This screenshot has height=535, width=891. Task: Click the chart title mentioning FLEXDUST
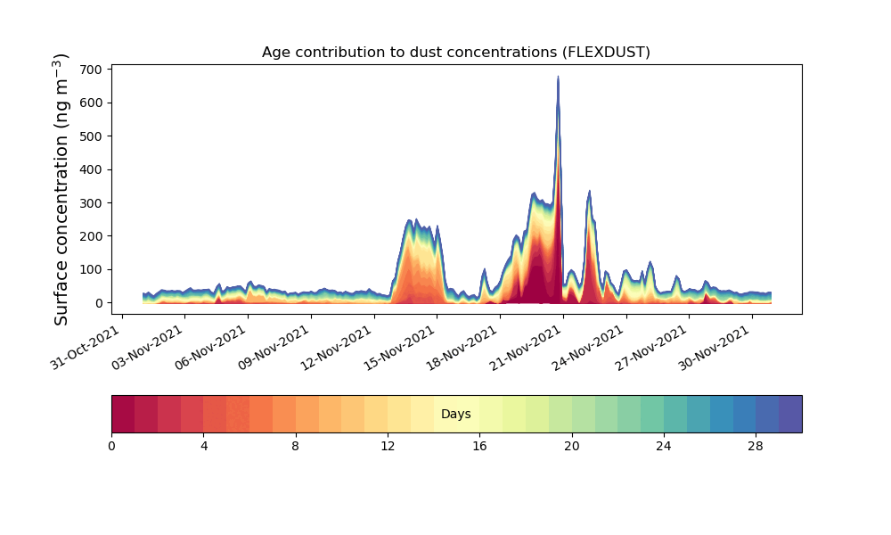pyautogui.click(x=455, y=53)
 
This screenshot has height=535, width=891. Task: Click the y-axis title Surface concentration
pyautogui.click(x=61, y=189)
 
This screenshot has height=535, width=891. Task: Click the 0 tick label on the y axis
pyautogui.click(x=100, y=303)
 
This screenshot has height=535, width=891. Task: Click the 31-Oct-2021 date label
pyautogui.click(x=86, y=348)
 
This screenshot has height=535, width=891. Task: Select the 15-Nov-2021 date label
pyautogui.click(x=399, y=348)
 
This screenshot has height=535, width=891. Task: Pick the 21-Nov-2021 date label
pyautogui.click(x=526, y=348)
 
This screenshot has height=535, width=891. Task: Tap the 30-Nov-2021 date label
pyautogui.click(x=715, y=348)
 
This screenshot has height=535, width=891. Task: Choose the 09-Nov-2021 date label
pyautogui.click(x=274, y=348)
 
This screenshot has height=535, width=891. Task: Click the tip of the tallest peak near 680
pyautogui.click(x=558, y=76)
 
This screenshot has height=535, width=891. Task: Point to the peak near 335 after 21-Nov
pyautogui.click(x=589, y=191)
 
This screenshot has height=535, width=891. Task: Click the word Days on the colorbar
pyautogui.click(x=455, y=414)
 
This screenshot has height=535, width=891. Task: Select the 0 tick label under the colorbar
pyautogui.click(x=111, y=447)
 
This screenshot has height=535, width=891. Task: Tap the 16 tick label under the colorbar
pyautogui.click(x=479, y=447)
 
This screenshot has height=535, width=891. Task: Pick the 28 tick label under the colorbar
pyautogui.click(x=756, y=447)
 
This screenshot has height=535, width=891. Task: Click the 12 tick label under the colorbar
pyautogui.click(x=388, y=447)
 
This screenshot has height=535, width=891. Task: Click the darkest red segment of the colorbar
pyautogui.click(x=123, y=414)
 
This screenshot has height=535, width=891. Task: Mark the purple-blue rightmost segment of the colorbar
pyautogui.click(x=790, y=414)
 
